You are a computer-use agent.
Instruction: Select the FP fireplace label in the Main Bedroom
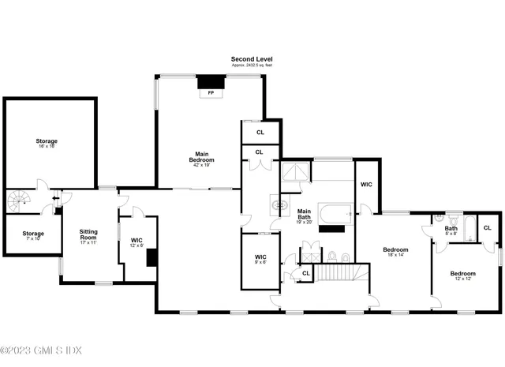pos(210,93)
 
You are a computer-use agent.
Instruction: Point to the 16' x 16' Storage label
pos(46,143)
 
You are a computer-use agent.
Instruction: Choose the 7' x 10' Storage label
pos(32,235)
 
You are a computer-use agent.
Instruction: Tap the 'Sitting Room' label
pos(88,234)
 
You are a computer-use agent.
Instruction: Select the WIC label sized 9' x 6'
pos(260,258)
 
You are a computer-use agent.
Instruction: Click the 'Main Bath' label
pos(304,214)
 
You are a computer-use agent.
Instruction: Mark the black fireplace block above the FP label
pos(210,81)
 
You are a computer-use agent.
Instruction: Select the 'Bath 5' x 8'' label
pos(451,230)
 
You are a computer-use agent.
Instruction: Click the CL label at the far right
pos(487,228)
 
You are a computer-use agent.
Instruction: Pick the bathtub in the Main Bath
pos(335,214)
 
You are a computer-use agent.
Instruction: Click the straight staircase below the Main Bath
pos(335,273)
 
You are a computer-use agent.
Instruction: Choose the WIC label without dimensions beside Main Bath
pos(366,185)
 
